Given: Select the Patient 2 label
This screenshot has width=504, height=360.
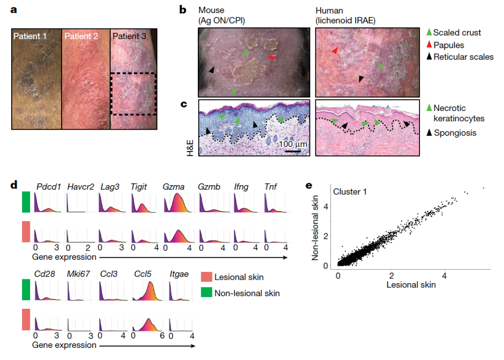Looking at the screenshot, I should tap(81, 36).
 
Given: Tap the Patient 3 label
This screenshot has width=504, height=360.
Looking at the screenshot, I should tap(129, 36).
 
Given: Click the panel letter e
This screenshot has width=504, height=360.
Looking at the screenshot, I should tap(308, 185).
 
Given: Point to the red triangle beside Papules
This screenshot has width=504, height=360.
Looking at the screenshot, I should tap(429, 45).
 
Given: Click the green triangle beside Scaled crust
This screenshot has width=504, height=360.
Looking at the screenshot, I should tap(429, 33).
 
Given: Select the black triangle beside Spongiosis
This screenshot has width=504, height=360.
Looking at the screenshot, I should tap(429, 133).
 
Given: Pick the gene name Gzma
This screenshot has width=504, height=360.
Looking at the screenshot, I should tap(174, 187).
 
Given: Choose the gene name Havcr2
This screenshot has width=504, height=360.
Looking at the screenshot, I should tap(78, 187).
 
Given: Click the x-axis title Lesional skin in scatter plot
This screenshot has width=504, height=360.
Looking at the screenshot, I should tap(411, 284).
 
